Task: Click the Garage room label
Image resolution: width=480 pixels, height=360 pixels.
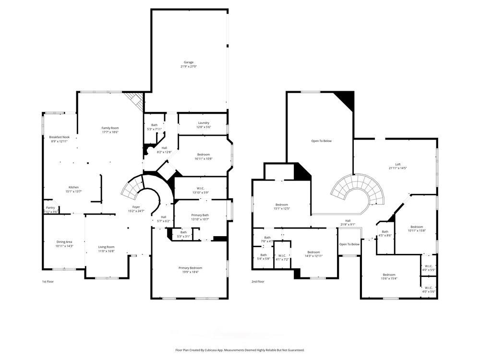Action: pyautogui.click(x=189, y=62)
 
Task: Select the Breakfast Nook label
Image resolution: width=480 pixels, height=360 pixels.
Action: pyautogui.click(x=60, y=137)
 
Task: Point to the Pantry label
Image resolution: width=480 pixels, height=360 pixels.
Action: pyautogui.click(x=50, y=208)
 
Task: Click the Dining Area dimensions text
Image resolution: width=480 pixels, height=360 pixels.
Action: pyautogui.click(x=64, y=246)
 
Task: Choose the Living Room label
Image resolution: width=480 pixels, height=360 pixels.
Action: pyautogui.click(x=107, y=247)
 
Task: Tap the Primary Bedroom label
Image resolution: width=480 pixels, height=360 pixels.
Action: pyautogui.click(x=190, y=268)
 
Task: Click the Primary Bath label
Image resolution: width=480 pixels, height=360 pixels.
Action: pyautogui.click(x=200, y=215)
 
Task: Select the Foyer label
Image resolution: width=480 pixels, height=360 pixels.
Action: pyautogui.click(x=136, y=208)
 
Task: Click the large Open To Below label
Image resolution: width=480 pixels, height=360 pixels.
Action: pyautogui.click(x=322, y=141)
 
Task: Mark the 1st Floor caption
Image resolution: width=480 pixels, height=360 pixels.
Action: pyautogui.click(x=47, y=282)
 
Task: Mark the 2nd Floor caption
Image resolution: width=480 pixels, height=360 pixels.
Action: pyautogui.click(x=258, y=282)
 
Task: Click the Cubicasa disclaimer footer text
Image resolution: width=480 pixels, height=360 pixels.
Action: pyautogui.click(x=240, y=350)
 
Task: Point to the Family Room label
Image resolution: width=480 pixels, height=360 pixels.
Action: pyautogui.click(x=110, y=128)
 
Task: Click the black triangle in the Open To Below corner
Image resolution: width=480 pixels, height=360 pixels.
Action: pyautogui.click(x=347, y=98)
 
